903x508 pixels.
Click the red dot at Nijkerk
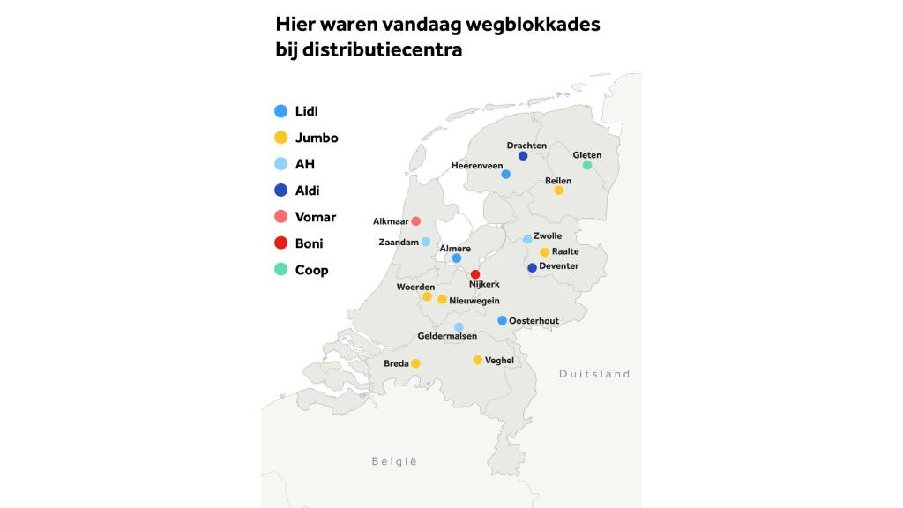click(x=475, y=274)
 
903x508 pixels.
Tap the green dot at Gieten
click(x=587, y=165)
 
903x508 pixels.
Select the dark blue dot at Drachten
click(x=523, y=156)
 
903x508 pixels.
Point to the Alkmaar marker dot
click(x=416, y=220)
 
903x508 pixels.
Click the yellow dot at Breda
click(x=415, y=363)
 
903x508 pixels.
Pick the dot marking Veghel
click(x=478, y=360)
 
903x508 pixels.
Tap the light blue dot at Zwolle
click(x=527, y=239)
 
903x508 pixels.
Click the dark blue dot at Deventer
click(x=532, y=268)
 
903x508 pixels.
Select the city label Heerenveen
click(x=476, y=165)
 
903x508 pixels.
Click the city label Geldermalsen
click(x=447, y=336)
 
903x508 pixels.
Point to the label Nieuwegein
click(x=476, y=301)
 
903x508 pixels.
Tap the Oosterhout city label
click(x=534, y=321)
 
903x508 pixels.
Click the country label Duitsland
click(x=594, y=374)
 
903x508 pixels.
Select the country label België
click(x=394, y=461)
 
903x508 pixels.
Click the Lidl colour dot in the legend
click(x=281, y=111)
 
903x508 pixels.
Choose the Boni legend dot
click(x=281, y=243)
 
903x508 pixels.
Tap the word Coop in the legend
click(x=311, y=270)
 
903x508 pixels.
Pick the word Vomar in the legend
click(x=316, y=217)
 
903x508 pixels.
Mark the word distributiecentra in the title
click(x=382, y=50)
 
